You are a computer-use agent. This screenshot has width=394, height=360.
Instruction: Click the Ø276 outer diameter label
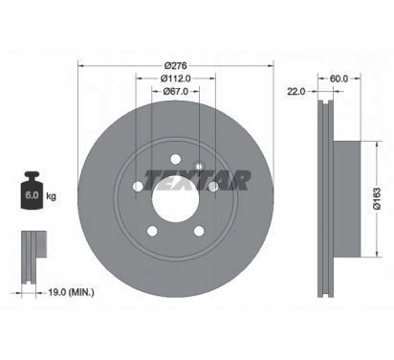click(175, 66)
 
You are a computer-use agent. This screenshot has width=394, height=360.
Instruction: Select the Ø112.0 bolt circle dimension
click(176, 79)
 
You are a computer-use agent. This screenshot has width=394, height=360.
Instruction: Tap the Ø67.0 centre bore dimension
click(176, 91)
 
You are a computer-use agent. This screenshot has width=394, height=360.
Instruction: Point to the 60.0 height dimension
click(339, 79)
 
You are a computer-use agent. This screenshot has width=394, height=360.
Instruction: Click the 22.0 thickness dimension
click(296, 92)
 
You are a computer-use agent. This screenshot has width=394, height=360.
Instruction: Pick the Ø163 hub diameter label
click(377, 198)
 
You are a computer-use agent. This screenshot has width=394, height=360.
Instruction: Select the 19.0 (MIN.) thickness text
click(71, 292)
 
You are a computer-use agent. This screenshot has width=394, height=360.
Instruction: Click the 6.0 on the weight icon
click(32, 195)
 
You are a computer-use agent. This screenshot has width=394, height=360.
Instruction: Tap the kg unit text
click(51, 195)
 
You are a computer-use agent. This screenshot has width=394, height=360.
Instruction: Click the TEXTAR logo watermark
click(197, 180)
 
